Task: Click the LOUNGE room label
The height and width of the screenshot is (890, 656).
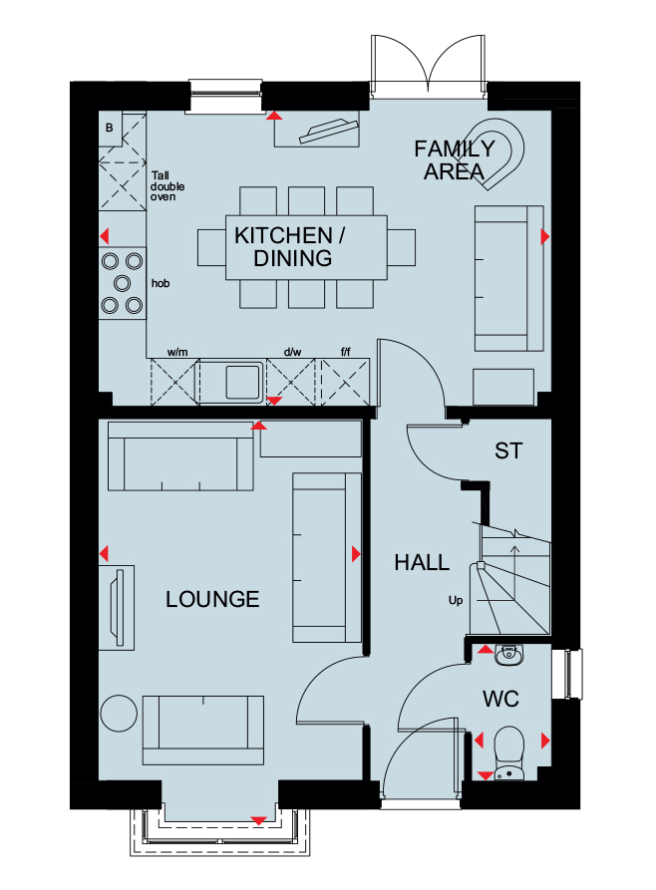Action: click(212, 599)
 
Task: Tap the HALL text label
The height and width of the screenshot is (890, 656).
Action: click(422, 562)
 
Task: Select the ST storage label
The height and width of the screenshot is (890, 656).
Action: click(507, 451)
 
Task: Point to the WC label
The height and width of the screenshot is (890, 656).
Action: click(500, 699)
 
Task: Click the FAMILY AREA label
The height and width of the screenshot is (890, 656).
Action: click(455, 160)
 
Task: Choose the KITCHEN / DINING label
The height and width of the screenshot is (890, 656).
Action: click(290, 247)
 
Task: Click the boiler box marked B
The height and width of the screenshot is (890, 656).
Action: click(110, 129)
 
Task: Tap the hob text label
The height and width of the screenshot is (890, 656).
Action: click(161, 283)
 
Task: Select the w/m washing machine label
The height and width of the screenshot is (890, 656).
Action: click(177, 352)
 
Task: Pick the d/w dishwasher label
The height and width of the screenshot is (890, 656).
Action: click(292, 352)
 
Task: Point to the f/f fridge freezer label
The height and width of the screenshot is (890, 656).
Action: click(345, 352)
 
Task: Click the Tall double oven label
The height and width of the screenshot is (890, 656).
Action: click(166, 186)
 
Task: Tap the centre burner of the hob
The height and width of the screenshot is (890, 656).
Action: click(122, 283)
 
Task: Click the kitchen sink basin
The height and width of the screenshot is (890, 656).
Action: click(243, 382)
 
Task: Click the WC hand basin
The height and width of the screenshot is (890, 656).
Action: click(508, 655)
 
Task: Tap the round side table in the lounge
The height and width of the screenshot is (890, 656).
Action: click(119, 714)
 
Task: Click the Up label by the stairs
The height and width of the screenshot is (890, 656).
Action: click(456, 601)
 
